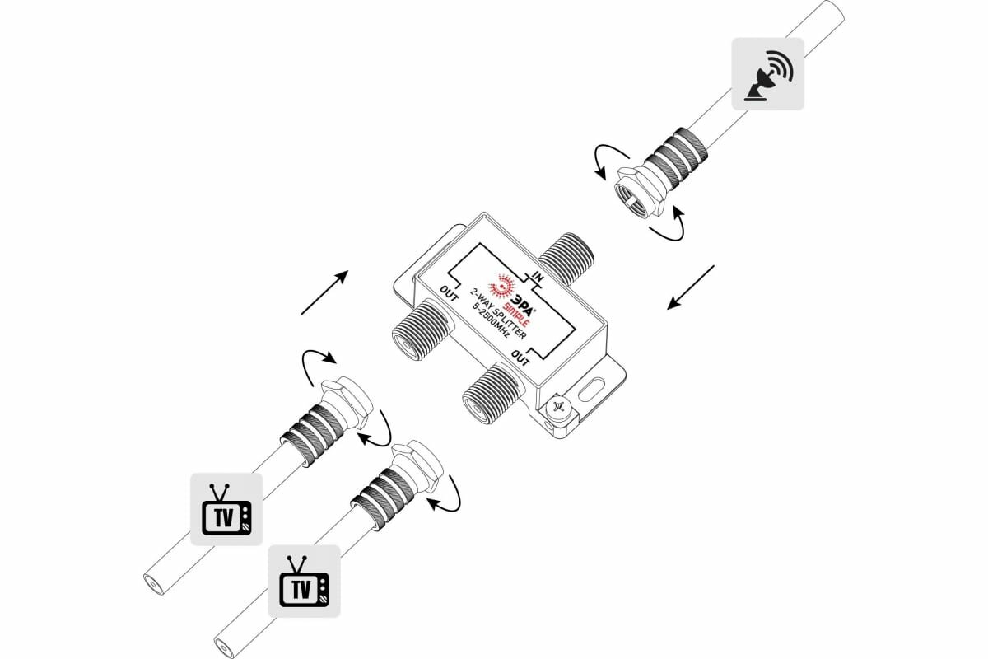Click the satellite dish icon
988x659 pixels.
[767, 75]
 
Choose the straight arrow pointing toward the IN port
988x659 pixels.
[690, 287]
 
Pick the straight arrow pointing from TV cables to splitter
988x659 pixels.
[324, 292]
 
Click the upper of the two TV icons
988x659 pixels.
[226, 508]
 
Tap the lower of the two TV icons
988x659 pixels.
[304, 581]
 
